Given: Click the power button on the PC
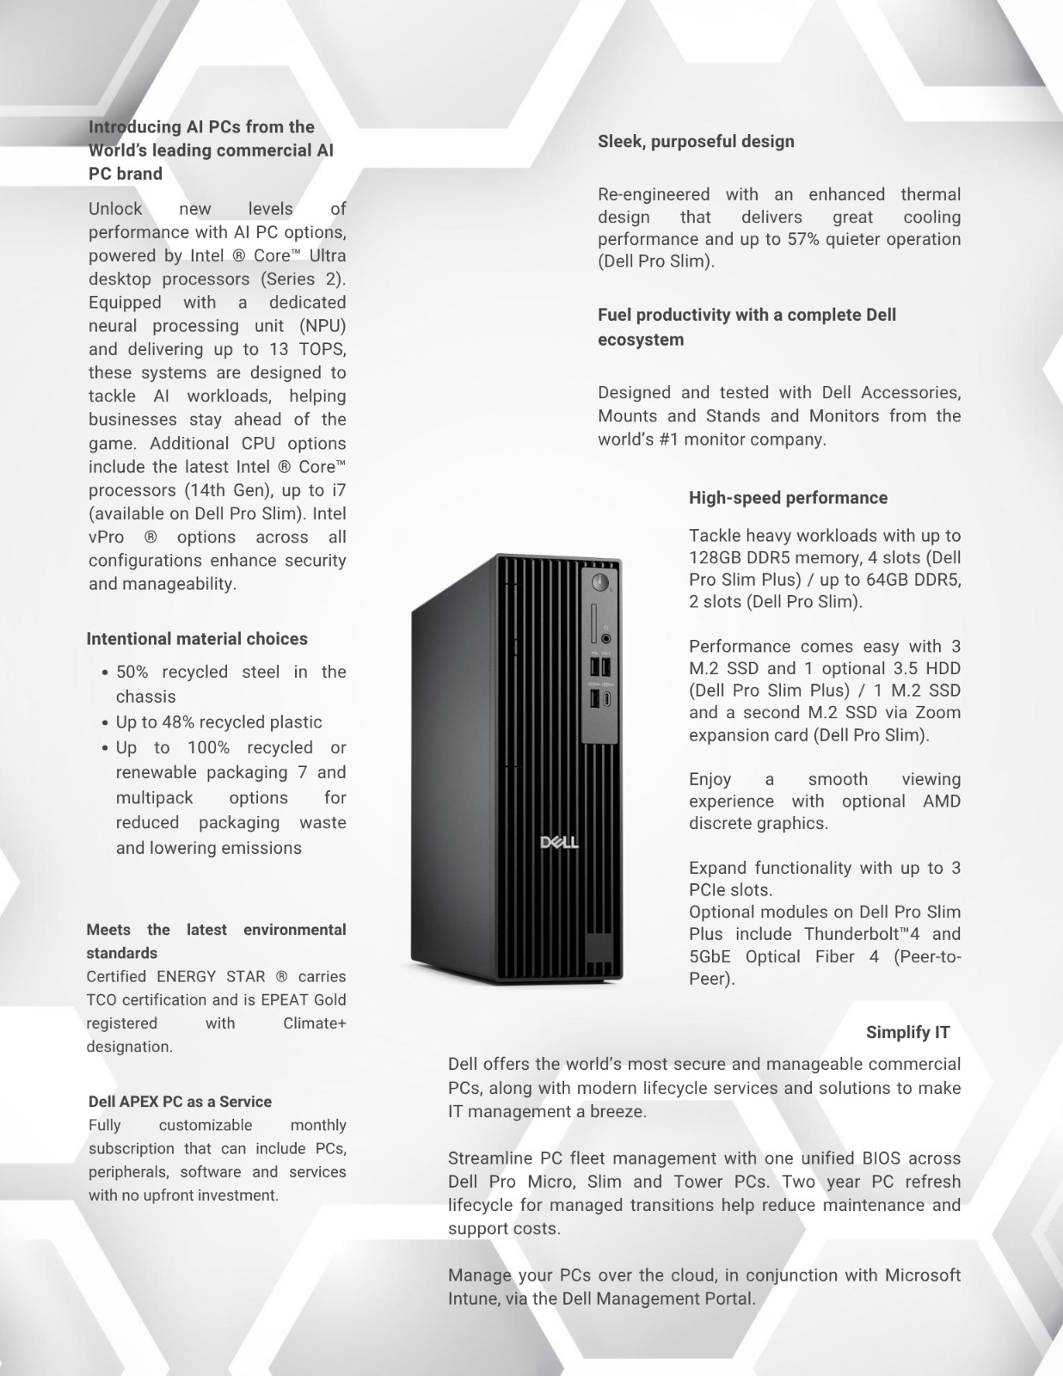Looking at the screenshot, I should click(600, 583).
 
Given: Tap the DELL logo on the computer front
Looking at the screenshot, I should click(559, 841).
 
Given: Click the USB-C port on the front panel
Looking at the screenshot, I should click(606, 699).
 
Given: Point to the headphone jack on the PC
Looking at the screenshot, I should click(606, 639).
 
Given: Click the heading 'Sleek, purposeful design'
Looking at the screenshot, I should click(696, 142).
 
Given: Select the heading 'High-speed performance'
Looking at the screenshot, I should click(788, 498).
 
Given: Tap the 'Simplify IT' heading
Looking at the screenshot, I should click(907, 1032).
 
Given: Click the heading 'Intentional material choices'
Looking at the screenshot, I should click(197, 639).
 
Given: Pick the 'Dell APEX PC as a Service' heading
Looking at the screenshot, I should click(180, 1102).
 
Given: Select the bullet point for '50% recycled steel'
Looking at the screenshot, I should click(105, 673).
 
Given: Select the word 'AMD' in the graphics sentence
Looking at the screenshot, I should click(942, 801).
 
